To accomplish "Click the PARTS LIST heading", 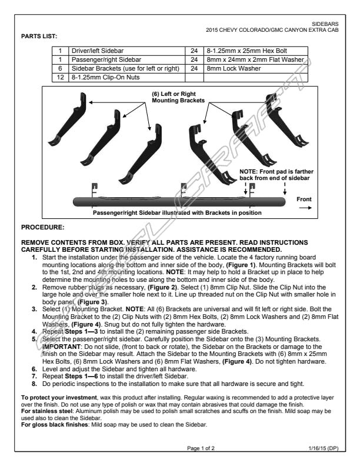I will [39, 36].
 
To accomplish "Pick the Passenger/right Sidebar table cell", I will [105, 60].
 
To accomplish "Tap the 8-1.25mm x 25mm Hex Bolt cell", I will [246, 51].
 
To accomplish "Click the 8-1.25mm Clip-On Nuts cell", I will [101, 77].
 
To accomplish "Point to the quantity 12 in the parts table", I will [59, 77].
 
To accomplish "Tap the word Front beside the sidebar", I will [304, 199].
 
